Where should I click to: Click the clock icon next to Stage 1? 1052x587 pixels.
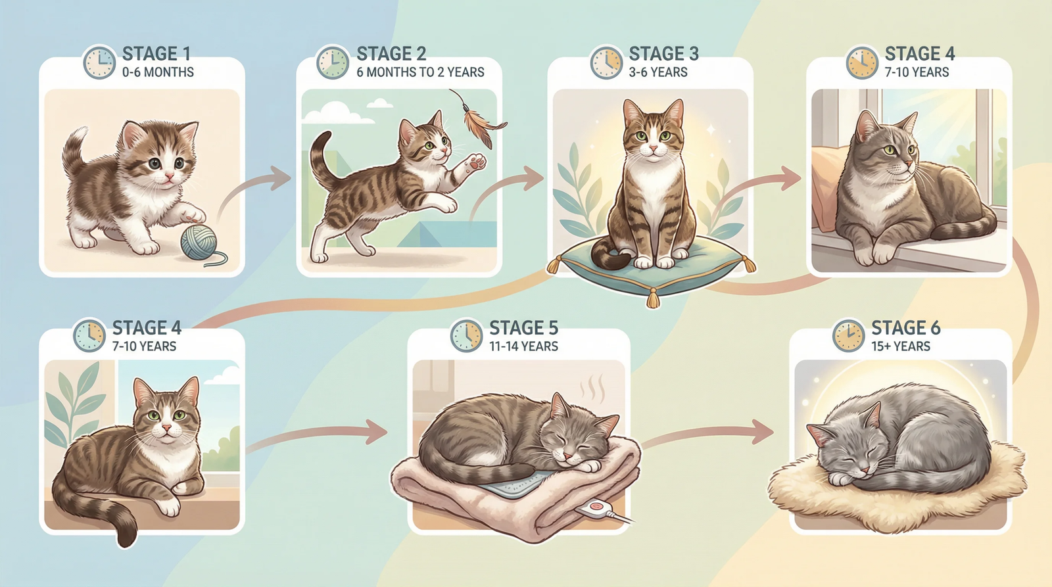pos(99,62)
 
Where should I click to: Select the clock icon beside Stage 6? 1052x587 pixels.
pos(848,336)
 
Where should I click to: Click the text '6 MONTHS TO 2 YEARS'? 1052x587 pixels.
pos(420,72)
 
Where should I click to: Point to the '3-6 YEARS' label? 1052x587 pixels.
pos(657,72)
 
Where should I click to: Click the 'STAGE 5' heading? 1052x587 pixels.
pos(523,327)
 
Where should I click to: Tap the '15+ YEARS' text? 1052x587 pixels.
pos(901,346)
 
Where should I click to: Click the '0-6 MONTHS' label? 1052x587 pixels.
pos(158,72)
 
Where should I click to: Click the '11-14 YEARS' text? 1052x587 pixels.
pos(523,346)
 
